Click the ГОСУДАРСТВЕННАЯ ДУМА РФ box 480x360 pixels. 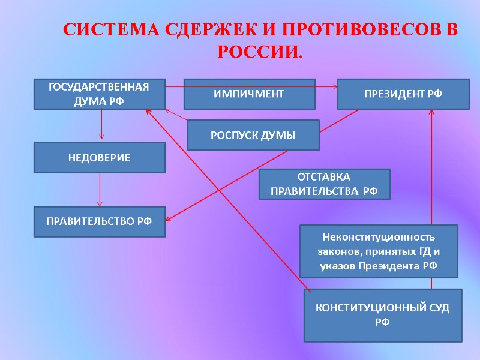(99, 94)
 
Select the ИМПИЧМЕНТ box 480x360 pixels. (249, 94)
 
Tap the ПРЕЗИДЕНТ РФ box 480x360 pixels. (403, 94)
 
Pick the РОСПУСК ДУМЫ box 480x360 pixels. (253, 135)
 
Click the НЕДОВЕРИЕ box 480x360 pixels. (99, 157)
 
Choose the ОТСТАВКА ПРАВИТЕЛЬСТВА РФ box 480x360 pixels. (324, 184)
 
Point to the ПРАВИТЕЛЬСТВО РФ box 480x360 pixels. (99, 221)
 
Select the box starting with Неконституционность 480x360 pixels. (378, 251)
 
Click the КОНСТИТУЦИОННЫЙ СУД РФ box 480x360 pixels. (382, 315)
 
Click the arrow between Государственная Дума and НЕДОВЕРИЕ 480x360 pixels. (101, 125)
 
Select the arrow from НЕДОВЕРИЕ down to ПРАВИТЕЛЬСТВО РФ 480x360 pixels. (100, 190)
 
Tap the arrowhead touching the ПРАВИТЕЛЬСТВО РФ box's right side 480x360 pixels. (170, 218)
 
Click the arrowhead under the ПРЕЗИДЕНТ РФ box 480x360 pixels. (431, 114)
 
